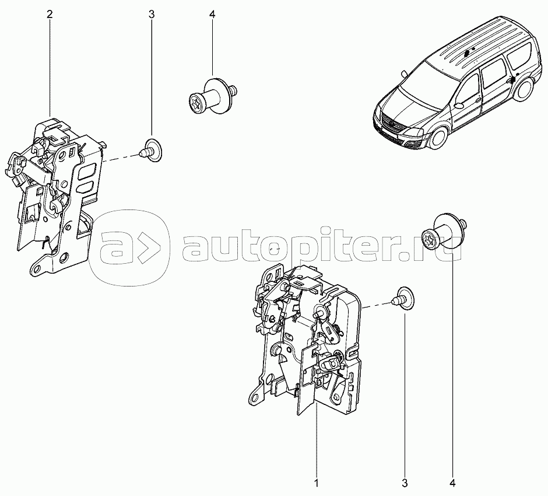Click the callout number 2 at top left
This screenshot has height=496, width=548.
click(x=50, y=15)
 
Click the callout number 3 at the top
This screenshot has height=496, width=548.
click(x=152, y=15)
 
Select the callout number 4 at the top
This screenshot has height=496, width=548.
click(x=212, y=15)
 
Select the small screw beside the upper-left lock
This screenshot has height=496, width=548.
click(x=150, y=151)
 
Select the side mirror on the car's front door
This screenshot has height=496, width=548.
click(x=459, y=104)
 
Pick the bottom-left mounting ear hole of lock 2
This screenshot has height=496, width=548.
click(x=37, y=269)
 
